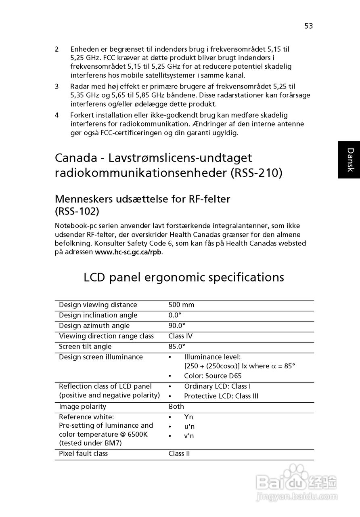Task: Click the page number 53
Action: pos(309,26)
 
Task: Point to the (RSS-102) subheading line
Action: pos(77,211)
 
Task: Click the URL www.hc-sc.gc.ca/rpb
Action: pos(128,252)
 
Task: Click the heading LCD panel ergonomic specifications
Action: pos(184,277)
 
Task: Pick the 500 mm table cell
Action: pos(181,305)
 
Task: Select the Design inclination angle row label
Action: pos(98,315)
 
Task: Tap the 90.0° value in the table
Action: pos(177,326)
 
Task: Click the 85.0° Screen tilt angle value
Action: pos(177,347)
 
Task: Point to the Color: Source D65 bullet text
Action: pos(213,376)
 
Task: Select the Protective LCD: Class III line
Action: pos(221,396)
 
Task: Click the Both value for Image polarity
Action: pos(176,407)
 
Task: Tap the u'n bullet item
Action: pos(189,427)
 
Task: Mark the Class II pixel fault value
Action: pos(179,454)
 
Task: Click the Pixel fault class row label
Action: pos(83,454)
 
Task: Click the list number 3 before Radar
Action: pos(57,86)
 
